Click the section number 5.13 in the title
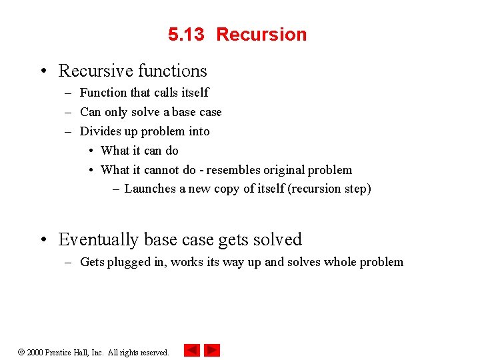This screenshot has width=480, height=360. (x=186, y=35)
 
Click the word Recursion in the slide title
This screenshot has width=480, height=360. (x=261, y=35)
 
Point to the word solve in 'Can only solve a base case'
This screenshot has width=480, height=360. (x=145, y=112)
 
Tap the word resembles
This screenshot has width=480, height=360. (x=235, y=170)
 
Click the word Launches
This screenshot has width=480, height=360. (x=150, y=189)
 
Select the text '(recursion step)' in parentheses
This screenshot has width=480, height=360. (x=329, y=189)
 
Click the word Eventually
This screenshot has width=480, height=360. (x=99, y=239)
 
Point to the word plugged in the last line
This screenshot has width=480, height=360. (x=127, y=262)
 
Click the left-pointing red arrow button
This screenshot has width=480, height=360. (x=192, y=350)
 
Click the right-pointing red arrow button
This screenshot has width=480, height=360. (x=212, y=350)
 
